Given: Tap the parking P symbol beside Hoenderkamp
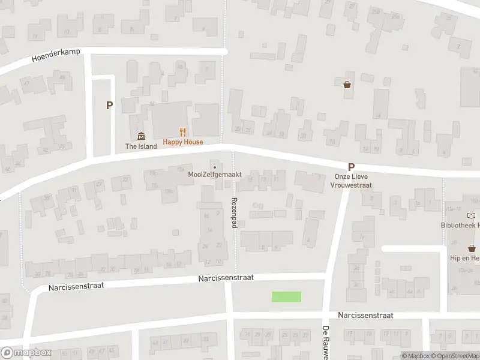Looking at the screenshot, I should pos(109,105).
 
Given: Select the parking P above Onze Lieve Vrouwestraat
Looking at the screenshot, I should pos(351,168).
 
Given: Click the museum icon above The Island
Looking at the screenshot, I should pos(141,135).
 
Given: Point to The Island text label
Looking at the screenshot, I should pos(141,146).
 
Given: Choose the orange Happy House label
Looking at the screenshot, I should pos(183,142).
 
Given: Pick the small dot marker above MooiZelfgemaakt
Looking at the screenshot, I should pos(214,167).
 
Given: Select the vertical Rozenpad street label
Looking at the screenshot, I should pos(235,214).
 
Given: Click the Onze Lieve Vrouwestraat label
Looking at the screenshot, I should pos(353,181).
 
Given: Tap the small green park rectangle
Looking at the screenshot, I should pos(286,296).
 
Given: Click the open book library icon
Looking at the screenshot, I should pos(471,216).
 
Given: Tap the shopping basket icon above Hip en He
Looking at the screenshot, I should pos(472,248).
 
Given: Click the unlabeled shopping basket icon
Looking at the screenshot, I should pos(347,85).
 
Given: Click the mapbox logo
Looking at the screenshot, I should pos(25,353).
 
